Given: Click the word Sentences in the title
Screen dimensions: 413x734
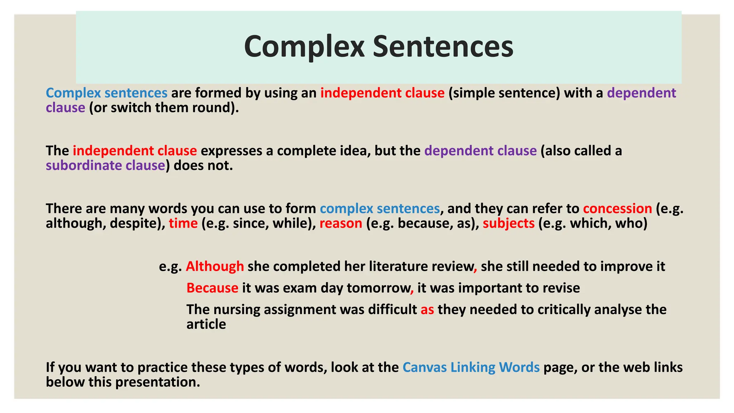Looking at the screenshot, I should (443, 47).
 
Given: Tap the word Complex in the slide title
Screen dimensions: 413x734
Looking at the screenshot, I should (304, 47).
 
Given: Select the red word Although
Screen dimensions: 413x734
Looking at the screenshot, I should (215, 266).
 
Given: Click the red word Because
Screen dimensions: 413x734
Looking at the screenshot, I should (212, 288).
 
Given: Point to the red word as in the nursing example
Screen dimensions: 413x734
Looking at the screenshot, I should (427, 309).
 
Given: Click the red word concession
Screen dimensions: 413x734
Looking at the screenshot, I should (617, 209).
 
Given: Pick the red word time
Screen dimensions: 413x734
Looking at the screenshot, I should (183, 223).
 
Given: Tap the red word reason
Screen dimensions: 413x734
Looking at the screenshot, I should (341, 223).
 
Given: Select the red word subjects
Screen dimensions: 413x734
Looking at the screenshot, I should (509, 223).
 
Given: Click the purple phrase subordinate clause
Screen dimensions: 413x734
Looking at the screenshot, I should (105, 165).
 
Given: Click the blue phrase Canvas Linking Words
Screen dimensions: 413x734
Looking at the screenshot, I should (471, 367).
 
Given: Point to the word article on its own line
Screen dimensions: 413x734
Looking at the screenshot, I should (206, 324).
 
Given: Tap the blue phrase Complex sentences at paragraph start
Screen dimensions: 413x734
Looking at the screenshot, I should (106, 93).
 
